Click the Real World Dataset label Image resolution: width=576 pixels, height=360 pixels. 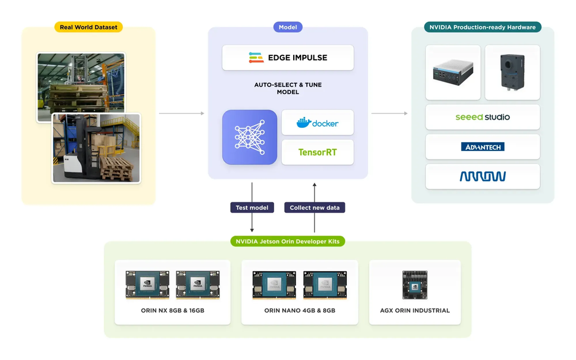point(88,27)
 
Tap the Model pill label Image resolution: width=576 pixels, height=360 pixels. point(287,27)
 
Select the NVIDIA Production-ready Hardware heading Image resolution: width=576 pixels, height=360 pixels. point(482,27)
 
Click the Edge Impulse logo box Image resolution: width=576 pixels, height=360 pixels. point(288,58)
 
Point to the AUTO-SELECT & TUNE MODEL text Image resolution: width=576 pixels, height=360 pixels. point(288,88)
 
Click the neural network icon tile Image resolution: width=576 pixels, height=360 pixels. point(249,137)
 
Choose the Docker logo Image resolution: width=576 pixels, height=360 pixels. point(317,123)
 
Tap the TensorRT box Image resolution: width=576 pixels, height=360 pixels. point(317,153)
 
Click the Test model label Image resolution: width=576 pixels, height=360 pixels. point(252,207)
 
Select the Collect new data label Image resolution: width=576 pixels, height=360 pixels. point(314,207)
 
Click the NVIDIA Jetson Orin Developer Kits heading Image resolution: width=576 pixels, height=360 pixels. point(287,241)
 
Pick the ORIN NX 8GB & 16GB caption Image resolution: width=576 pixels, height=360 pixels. point(173,310)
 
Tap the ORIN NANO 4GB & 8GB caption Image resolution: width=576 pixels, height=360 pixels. point(300,310)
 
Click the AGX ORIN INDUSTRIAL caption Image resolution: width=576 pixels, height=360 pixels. point(415,310)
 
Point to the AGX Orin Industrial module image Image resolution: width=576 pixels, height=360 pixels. point(415,285)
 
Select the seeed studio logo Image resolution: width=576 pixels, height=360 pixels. point(483,117)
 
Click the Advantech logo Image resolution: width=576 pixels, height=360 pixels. point(483,147)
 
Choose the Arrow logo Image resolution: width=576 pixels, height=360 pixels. point(483,176)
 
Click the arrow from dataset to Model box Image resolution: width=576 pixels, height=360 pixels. point(181,113)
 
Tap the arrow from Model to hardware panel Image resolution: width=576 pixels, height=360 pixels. point(389,113)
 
